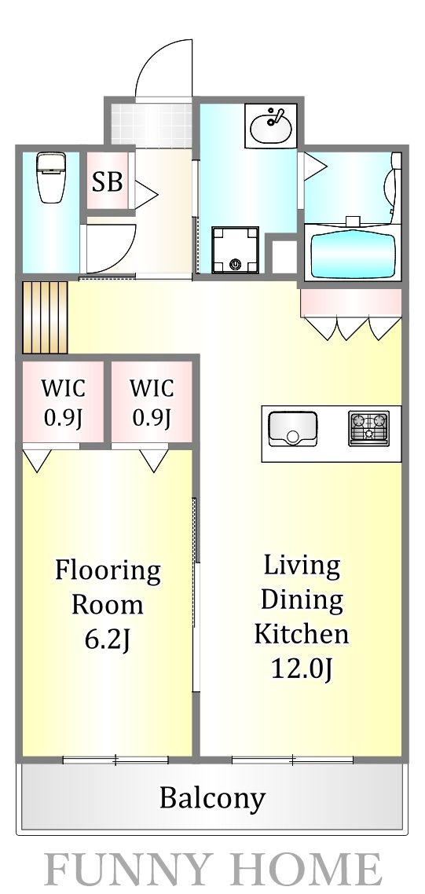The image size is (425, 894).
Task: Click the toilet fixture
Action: click(50, 178)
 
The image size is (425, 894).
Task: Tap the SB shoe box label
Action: click(108, 181)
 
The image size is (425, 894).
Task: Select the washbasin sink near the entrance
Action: click(272, 124)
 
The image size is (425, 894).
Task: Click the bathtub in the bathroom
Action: click(352, 251)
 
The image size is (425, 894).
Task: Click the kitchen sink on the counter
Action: click(292, 428)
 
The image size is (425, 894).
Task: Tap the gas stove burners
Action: click(369, 428)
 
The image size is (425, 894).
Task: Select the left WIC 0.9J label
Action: click(63, 402)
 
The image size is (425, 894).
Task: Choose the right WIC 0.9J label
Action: click(151, 402)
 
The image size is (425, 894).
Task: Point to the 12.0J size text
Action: click(302, 669)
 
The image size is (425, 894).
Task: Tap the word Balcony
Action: click(212, 798)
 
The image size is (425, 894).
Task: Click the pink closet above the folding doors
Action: click(350, 302)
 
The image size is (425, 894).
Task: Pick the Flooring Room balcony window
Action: click(115, 759)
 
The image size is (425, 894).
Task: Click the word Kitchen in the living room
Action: click(302, 634)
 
